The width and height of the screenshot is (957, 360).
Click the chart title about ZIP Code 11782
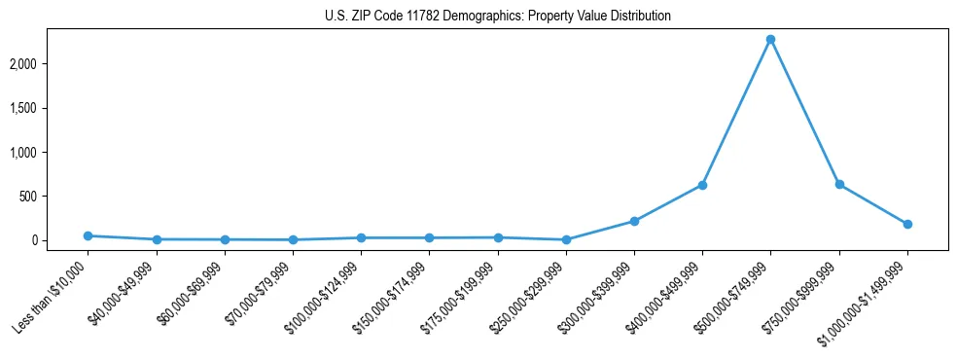tap(498, 17)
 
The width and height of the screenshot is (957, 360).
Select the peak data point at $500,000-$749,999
tap(770, 39)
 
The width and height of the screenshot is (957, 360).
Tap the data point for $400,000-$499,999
tap(702, 185)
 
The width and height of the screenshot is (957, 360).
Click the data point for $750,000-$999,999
tap(839, 184)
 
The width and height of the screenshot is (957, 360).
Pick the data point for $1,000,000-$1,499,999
tap(907, 224)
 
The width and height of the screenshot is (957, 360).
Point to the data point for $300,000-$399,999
tap(634, 221)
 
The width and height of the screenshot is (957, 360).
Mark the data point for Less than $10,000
tap(88, 235)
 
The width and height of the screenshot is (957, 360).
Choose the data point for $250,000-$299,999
tap(566, 239)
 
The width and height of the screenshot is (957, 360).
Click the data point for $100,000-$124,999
tap(361, 237)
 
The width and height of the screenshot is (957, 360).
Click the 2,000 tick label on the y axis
tap(51, 64)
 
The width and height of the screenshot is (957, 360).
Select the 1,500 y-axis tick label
tap(51, 108)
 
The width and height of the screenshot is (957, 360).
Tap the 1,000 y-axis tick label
tap(51, 153)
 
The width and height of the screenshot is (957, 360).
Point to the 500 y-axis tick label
tap(56, 197)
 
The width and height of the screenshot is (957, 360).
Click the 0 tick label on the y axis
tap(61, 240)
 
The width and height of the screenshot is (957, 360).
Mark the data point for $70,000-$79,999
tap(293, 239)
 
